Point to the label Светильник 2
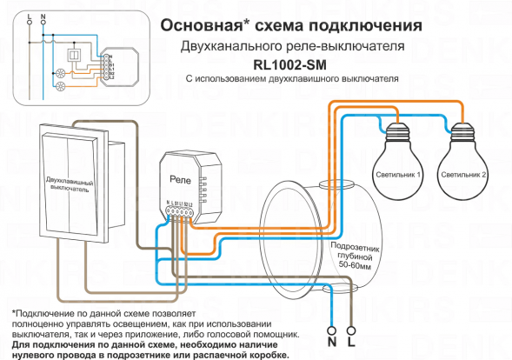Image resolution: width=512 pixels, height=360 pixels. pyautogui.click(x=464, y=175)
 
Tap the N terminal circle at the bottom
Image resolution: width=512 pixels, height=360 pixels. pyautogui.click(x=330, y=330)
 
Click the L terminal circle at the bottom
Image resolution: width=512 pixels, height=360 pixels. pyautogui.click(x=351, y=330)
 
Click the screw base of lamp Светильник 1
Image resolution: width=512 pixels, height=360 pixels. pyautogui.click(x=398, y=134)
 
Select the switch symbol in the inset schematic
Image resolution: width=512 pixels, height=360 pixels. pyautogui.click(x=74, y=57)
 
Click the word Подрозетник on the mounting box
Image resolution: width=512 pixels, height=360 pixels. pyautogui.click(x=356, y=249)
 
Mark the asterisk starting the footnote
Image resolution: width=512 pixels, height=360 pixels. pyautogui.click(x=15, y=312)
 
